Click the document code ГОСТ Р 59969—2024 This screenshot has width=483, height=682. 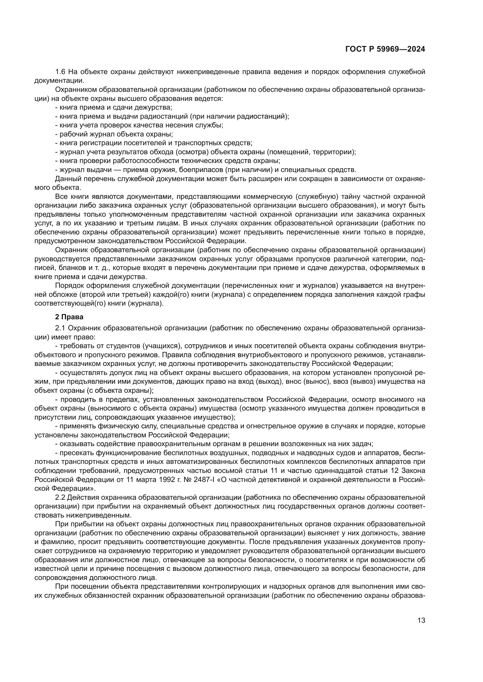pyautogui.click(x=385, y=49)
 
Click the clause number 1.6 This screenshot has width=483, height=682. pyautogui.click(x=61, y=72)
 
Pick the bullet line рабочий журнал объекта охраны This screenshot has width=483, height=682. pyautogui.click(x=116, y=134)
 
